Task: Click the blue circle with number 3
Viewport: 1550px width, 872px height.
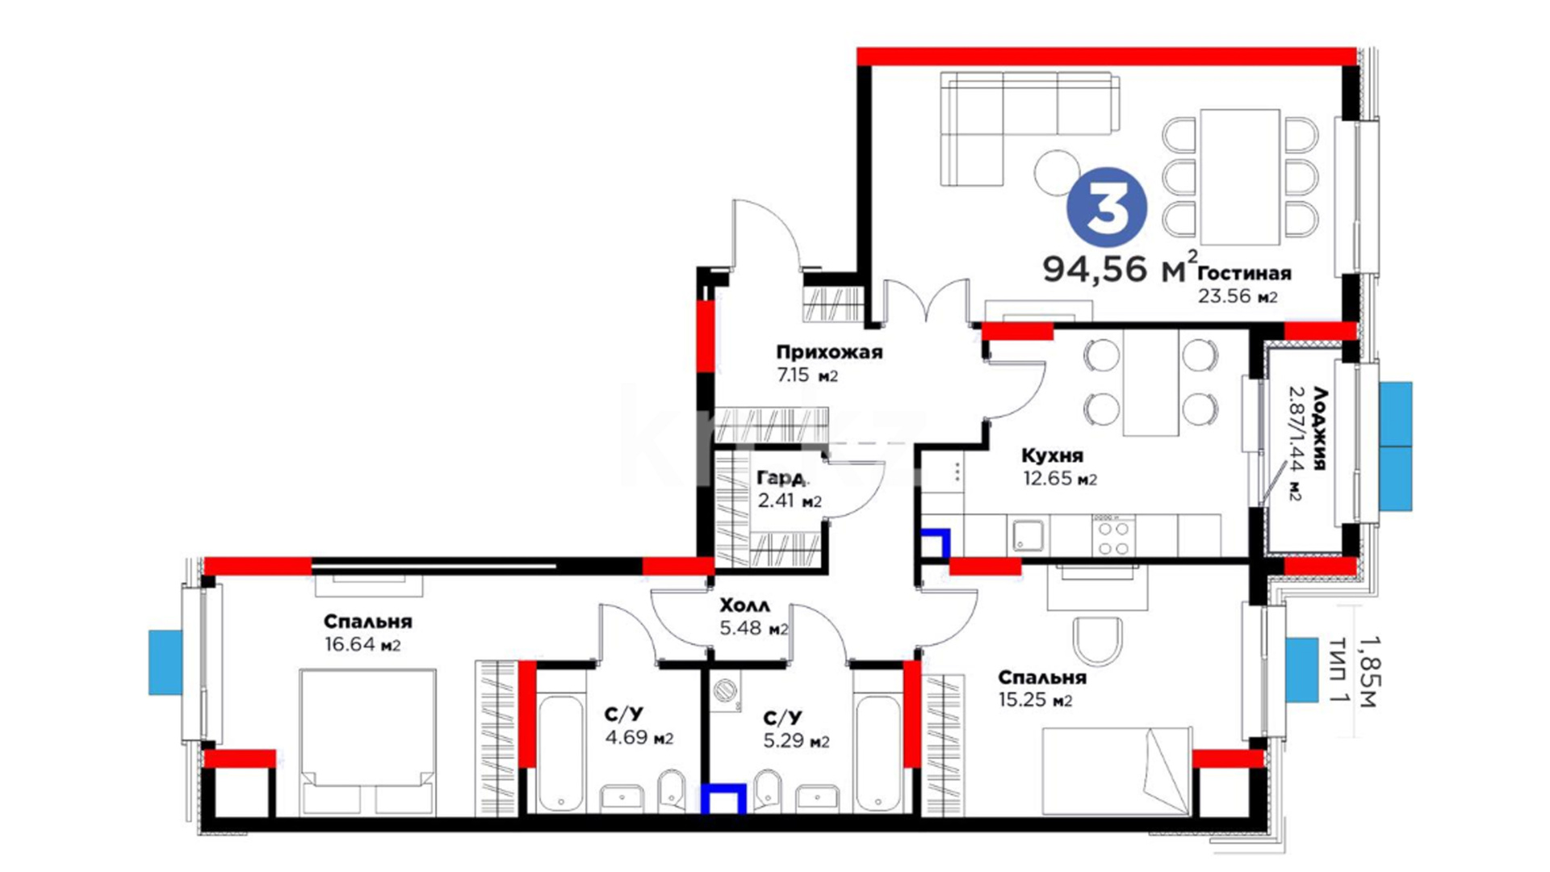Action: tap(1107, 208)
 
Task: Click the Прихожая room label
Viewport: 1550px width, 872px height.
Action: tap(829, 352)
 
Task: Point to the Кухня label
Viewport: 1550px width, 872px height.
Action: tap(1052, 455)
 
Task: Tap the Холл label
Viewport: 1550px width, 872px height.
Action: tap(744, 606)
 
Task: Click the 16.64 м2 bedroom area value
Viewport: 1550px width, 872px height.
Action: tap(362, 644)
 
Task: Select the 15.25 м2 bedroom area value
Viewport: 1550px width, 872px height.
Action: tap(1035, 700)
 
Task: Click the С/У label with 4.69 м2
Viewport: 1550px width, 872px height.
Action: tap(624, 715)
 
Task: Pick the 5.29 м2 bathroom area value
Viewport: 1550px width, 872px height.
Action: tap(796, 740)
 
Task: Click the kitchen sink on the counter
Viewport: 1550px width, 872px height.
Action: tap(1028, 535)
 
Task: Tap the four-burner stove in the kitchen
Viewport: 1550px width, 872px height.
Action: tap(1113, 536)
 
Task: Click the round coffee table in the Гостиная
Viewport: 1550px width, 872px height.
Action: tap(1057, 172)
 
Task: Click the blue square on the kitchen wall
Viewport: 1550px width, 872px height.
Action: tap(936, 543)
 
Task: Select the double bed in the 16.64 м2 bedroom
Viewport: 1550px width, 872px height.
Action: tap(367, 741)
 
